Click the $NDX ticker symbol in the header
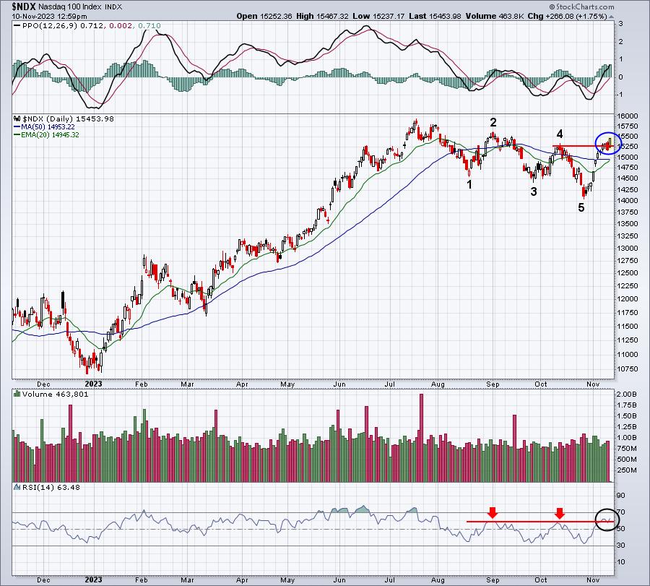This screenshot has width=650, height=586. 17,7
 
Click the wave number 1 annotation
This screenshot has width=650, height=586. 469,184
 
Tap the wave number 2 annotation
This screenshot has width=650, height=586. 493,122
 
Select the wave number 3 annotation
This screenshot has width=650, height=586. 534,191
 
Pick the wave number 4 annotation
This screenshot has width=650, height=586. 560,134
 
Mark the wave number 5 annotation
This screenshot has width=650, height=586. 581,208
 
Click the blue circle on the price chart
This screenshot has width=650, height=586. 608,143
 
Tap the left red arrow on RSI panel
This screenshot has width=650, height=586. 492,512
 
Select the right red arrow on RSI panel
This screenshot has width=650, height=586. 560,512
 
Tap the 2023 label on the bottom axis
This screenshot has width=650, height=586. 94,578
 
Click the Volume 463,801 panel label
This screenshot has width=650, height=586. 45,395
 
